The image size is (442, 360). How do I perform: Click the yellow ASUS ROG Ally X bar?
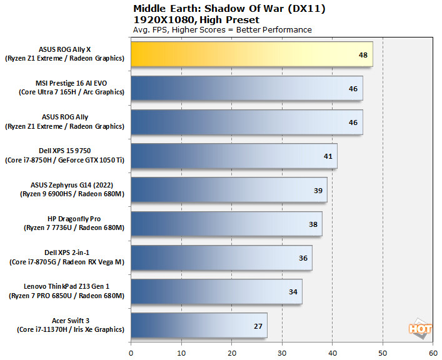tap(250, 54)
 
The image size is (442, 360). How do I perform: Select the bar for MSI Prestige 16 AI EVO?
tap(246, 88)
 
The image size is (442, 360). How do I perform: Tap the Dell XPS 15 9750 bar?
tap(234, 156)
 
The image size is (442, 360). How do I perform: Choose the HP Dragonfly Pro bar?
tap(226, 223)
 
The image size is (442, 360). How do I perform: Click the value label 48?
tap(363, 55)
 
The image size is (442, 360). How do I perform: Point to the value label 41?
tap(328, 156)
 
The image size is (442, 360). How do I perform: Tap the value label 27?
tap(257, 326)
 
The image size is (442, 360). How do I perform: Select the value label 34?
tap(293, 292)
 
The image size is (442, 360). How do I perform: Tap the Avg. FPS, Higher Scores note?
tap(222, 29)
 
